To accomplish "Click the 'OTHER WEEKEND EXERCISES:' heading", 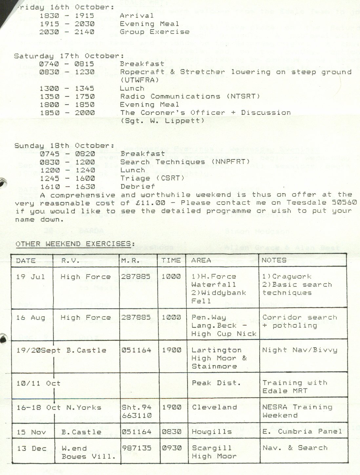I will (x=75, y=244).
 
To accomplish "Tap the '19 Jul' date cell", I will (x=30, y=277).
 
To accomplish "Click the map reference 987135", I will (x=136, y=448).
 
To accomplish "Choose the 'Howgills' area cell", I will (x=211, y=432).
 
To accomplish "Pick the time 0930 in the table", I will (x=171, y=448).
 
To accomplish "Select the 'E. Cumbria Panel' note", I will (x=302, y=432).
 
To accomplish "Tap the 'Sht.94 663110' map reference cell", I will (x=136, y=411).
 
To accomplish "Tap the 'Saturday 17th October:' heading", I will (x=69, y=56).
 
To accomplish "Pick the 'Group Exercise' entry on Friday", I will (x=154, y=32).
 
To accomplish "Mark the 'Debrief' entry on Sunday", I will (x=138, y=186).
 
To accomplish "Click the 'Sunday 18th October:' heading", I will (x=64, y=146).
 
